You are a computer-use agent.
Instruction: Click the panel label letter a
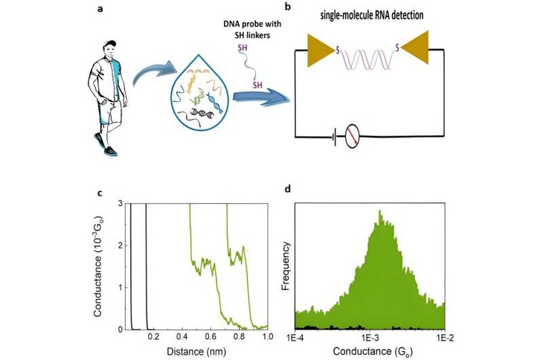coord(100,10)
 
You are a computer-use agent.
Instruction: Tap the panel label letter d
coord(287,189)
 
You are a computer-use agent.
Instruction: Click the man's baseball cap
coord(110,44)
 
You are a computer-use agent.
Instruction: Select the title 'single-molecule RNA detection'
coord(372,15)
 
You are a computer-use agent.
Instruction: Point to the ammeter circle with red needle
coord(353,136)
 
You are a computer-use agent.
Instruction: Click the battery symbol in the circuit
coord(334,137)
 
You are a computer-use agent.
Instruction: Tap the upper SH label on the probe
coord(242,48)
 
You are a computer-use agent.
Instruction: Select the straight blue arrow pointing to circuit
coord(260,98)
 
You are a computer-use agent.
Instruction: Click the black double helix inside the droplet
coord(202,112)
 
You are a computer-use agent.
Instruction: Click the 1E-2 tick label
coord(445,337)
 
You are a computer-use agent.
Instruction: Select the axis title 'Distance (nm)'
coord(196,352)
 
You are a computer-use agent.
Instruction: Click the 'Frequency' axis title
coord(286,266)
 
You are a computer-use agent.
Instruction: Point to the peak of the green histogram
coord(380,210)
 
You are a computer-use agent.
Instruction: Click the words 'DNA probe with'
coord(252,24)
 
